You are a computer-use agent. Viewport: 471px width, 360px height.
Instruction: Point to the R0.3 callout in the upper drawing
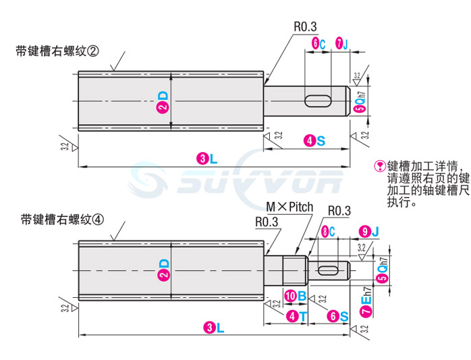(304, 26)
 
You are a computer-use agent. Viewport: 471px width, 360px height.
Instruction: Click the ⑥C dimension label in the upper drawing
(318, 44)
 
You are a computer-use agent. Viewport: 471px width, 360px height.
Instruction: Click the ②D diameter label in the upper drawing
(162, 102)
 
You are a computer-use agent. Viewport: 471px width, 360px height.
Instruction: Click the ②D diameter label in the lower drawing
(162, 269)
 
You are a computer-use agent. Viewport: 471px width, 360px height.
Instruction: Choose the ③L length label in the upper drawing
(207, 159)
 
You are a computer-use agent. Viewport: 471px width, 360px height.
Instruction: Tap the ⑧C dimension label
(329, 232)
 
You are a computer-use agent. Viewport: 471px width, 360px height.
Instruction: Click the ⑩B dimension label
(295, 295)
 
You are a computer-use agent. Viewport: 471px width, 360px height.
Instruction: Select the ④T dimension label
(294, 315)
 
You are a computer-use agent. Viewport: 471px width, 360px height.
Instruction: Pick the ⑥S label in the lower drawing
(339, 315)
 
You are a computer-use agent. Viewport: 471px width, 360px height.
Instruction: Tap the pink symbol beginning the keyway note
(380, 165)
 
